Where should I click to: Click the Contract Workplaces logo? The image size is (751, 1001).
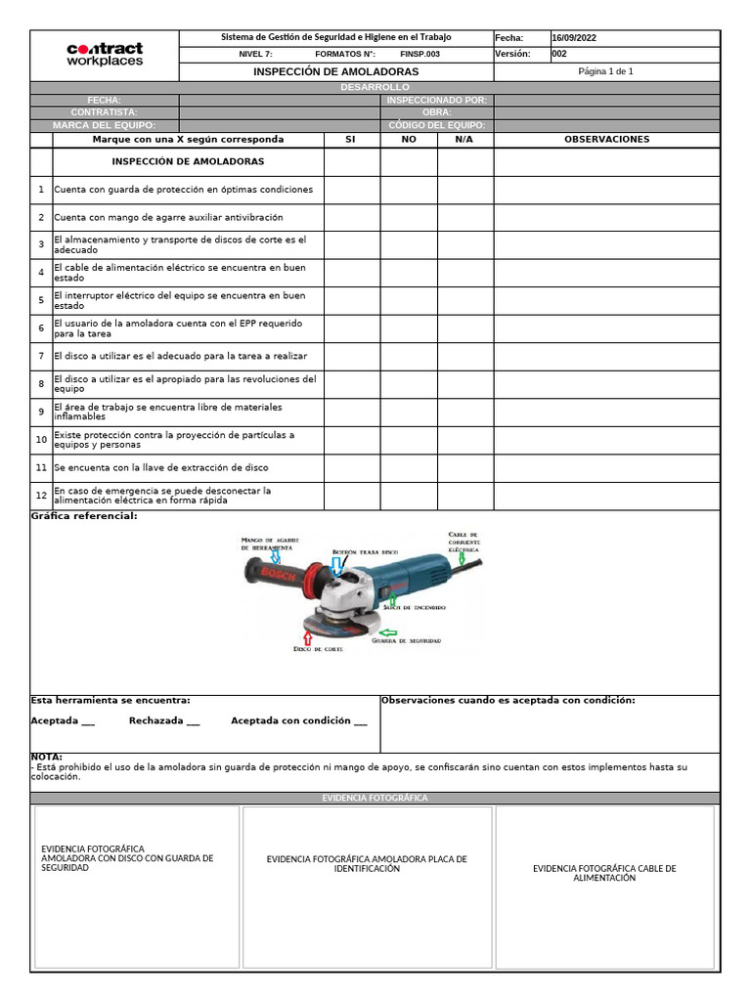(x=105, y=54)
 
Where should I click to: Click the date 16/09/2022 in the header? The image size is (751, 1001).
(x=574, y=38)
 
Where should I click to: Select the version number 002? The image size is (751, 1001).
(x=559, y=55)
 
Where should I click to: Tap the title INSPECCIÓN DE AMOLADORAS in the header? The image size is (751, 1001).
(x=335, y=72)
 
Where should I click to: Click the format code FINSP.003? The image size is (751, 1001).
(x=420, y=55)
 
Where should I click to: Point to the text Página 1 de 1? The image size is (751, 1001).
(x=605, y=71)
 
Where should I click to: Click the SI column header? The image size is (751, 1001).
(x=351, y=140)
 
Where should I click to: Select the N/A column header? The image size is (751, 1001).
(x=464, y=140)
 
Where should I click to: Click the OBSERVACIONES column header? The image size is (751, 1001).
(x=606, y=140)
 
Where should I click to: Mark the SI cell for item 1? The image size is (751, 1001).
(x=352, y=190)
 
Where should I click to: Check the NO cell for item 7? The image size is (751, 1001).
(x=409, y=356)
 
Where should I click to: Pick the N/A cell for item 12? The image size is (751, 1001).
(x=465, y=496)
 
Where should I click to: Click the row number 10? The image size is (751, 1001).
(x=41, y=440)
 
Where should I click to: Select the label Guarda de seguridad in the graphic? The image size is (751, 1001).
(x=413, y=641)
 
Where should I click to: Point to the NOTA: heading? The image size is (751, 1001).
(x=47, y=757)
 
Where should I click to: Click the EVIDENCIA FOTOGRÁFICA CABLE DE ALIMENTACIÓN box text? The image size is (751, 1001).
(x=604, y=873)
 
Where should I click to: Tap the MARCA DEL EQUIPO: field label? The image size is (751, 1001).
(x=104, y=125)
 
